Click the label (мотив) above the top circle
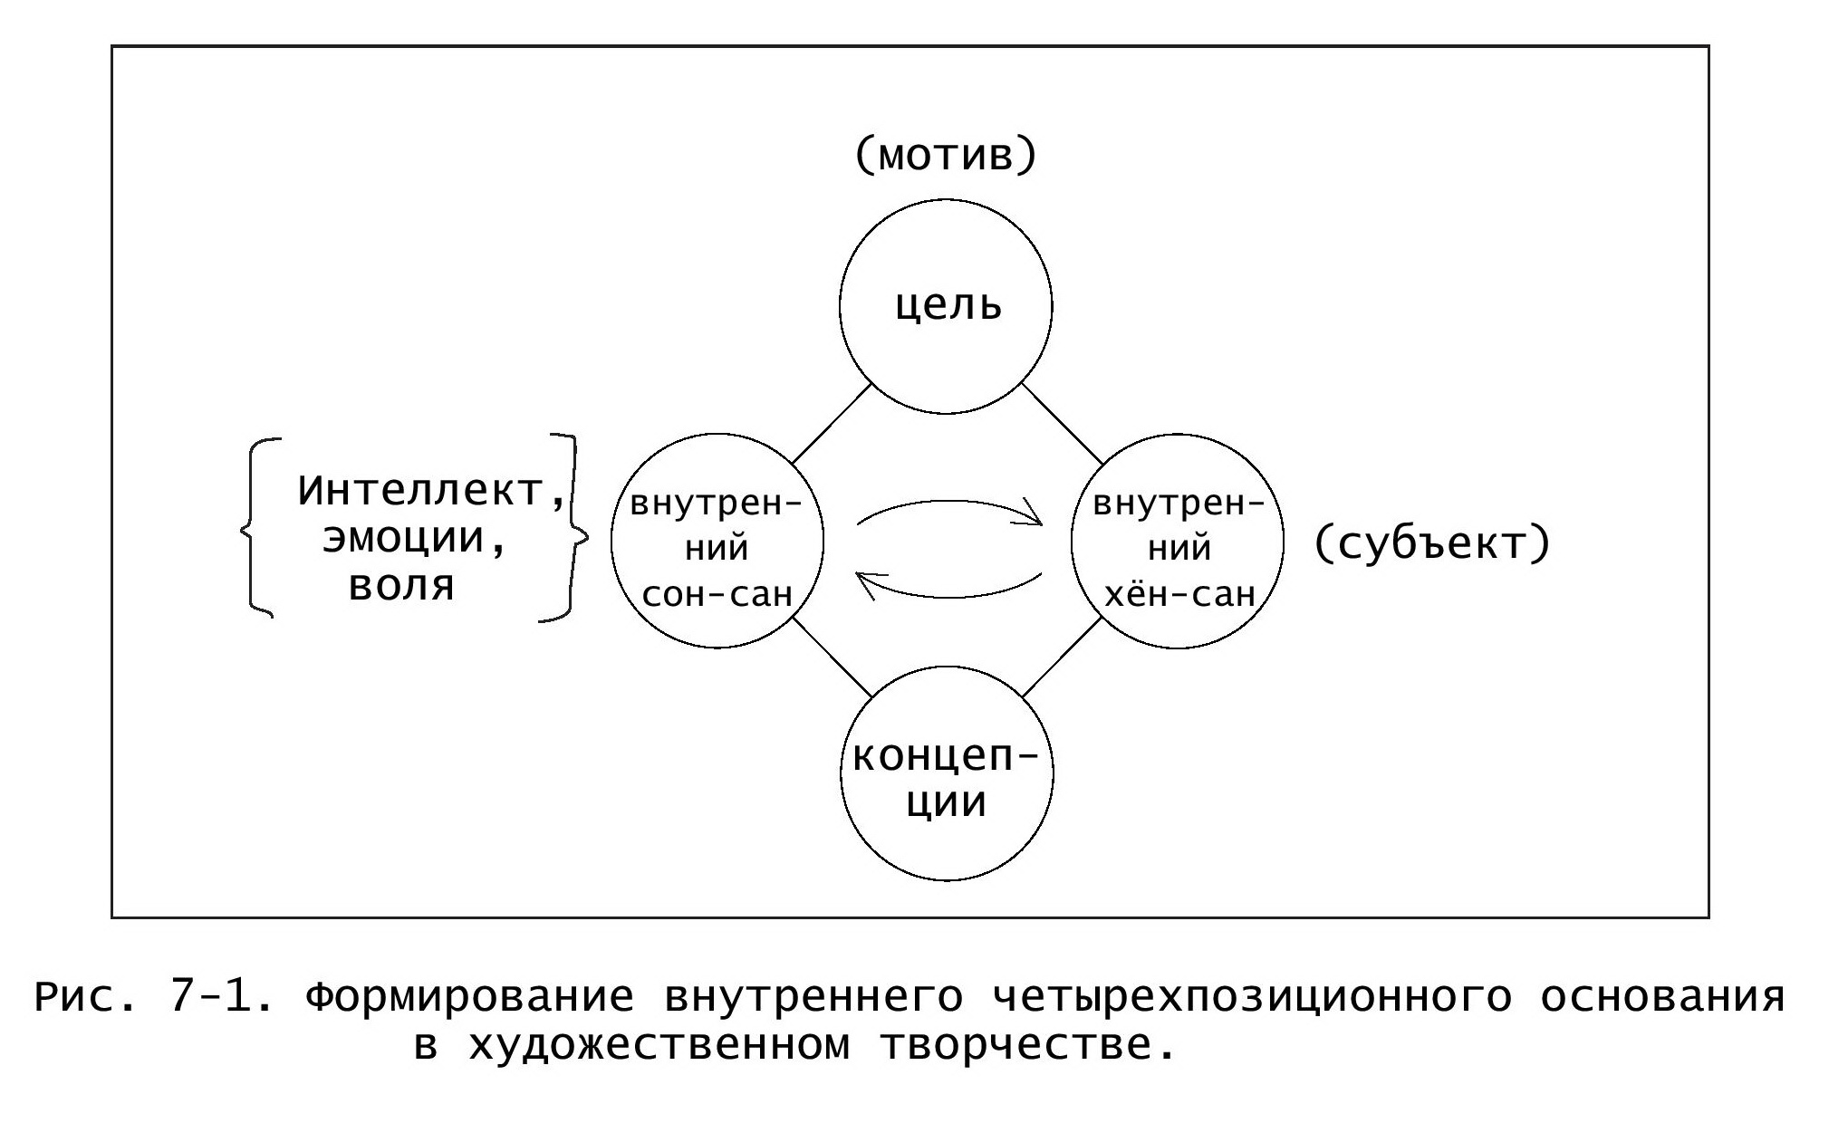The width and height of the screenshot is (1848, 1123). [x=945, y=156]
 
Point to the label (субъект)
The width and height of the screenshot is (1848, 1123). [x=1432, y=544]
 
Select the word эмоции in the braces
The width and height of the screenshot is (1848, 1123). [x=404, y=539]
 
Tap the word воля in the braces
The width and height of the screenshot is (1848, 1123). [x=401, y=586]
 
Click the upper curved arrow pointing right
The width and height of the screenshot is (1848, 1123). [x=949, y=502]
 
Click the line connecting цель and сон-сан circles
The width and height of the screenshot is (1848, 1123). [x=832, y=424]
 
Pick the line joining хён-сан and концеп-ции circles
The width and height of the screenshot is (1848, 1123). [x=1062, y=657]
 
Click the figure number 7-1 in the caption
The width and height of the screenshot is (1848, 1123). [x=221, y=997]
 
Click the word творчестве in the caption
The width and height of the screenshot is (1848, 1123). [x=1029, y=1046]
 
